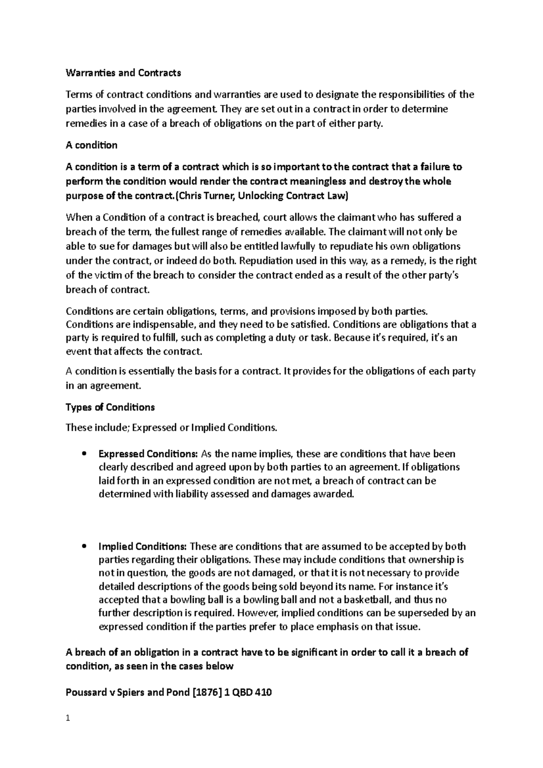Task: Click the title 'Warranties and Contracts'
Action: (x=123, y=73)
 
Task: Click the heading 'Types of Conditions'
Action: (x=110, y=407)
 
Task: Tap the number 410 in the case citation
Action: (x=264, y=692)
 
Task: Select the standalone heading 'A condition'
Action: (x=91, y=145)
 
